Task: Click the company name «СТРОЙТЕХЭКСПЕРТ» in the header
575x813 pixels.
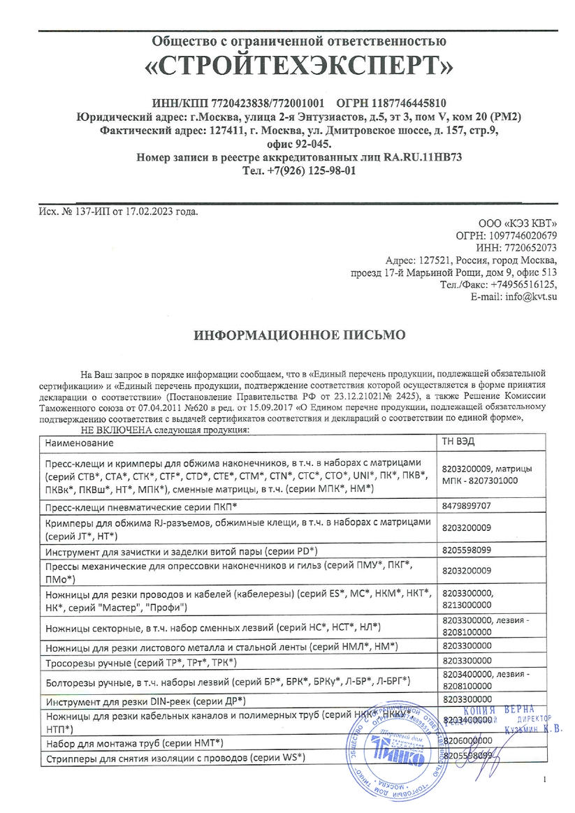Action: click(299, 66)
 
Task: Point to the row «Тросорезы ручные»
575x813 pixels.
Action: click(140, 662)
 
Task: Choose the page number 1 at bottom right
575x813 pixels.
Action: click(544, 779)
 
